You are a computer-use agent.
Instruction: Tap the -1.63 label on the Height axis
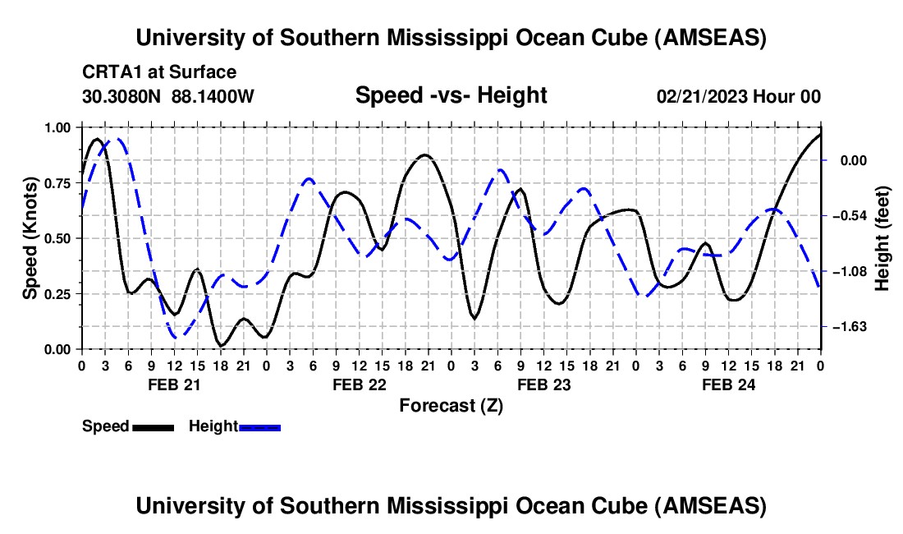tap(848, 327)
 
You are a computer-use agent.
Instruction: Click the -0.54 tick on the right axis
tap(848, 216)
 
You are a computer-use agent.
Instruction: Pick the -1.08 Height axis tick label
tap(848, 271)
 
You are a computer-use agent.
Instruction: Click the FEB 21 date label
tap(173, 384)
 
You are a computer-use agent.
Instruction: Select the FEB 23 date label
tap(543, 384)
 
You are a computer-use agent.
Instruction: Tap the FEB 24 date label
tap(728, 384)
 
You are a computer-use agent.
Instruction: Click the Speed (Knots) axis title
tap(30, 238)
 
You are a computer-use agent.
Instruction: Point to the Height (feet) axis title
tap(882, 238)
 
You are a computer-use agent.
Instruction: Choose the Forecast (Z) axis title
tap(451, 405)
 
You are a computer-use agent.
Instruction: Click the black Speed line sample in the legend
tap(153, 426)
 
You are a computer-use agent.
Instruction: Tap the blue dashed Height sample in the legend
tap(259, 426)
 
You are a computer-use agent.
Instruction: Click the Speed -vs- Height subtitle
tap(451, 95)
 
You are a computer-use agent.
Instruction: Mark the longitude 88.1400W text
tap(213, 96)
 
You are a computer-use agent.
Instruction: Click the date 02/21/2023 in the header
tap(701, 96)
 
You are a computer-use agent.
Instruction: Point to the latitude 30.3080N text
tap(122, 96)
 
